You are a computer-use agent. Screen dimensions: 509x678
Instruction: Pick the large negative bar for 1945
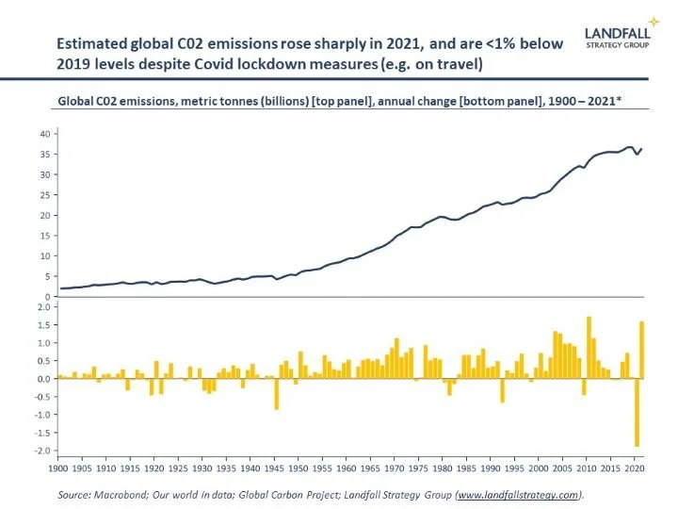click(276, 394)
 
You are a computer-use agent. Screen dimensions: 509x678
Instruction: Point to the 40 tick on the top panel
click(43, 134)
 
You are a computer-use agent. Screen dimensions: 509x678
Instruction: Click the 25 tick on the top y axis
click(43, 196)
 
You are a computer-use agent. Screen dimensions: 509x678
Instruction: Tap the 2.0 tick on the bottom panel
click(42, 307)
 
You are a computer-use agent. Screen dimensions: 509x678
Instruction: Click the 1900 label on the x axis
click(57, 467)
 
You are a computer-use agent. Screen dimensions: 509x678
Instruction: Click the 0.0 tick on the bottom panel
click(42, 379)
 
